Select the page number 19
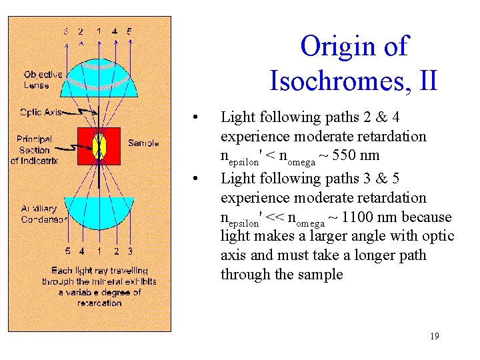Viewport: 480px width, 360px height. tap(434, 336)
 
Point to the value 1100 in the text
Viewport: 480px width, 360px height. tap(357, 217)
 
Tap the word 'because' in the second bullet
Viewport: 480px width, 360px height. tap(427, 217)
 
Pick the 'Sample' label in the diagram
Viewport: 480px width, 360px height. tap(143, 143)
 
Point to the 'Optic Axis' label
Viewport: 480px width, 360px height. tap(41, 112)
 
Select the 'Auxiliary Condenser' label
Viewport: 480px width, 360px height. tap(43, 214)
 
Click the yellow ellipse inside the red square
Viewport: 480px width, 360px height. tap(99, 145)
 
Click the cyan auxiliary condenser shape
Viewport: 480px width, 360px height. tap(99, 213)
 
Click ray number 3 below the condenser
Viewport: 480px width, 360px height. tap(130, 251)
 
